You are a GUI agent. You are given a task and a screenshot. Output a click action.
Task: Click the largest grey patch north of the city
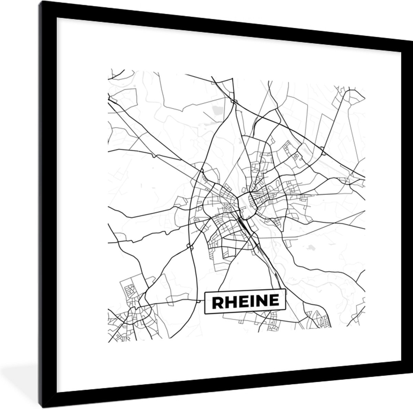click(x=218, y=111)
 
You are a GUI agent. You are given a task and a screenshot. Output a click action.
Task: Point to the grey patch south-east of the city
click(x=311, y=247)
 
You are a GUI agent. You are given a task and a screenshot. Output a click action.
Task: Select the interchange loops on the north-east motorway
click(x=322, y=148)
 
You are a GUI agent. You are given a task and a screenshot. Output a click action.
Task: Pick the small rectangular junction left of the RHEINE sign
click(x=199, y=301)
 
